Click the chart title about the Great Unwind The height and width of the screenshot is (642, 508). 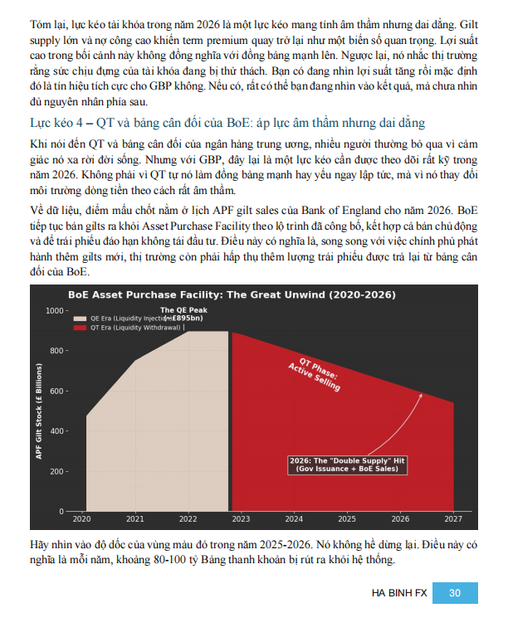(x=231, y=295)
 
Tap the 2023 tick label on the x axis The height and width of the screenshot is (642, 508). (x=241, y=518)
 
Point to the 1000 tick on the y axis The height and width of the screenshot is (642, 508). (x=54, y=311)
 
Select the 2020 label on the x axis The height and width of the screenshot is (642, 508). (x=81, y=518)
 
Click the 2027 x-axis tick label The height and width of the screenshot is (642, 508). (x=453, y=518)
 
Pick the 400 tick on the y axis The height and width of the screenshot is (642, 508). (x=56, y=431)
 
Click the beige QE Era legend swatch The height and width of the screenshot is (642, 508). (x=80, y=318)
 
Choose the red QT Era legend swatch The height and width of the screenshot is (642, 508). (x=80, y=328)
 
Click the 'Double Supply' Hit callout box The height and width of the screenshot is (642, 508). (x=348, y=464)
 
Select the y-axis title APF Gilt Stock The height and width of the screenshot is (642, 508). (x=39, y=411)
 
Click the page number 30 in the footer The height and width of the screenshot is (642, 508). (x=454, y=592)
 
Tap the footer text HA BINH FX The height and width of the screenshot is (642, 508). (x=399, y=592)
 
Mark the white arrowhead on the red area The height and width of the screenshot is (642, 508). (x=422, y=396)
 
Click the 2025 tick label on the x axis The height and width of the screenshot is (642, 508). (x=347, y=518)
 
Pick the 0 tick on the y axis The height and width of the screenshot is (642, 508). (x=61, y=511)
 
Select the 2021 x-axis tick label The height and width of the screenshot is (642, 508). (x=134, y=518)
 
